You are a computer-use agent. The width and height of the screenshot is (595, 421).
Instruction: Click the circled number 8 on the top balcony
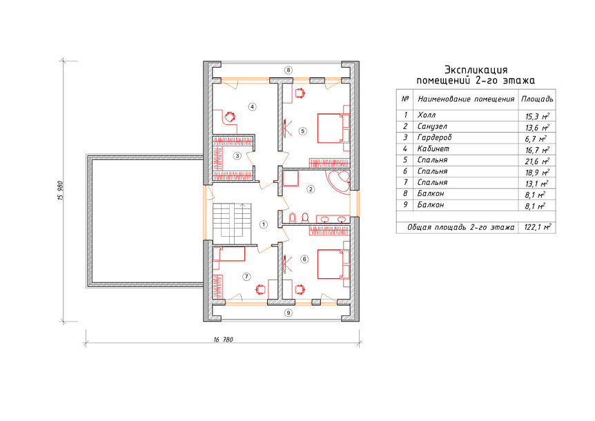tap(289, 70)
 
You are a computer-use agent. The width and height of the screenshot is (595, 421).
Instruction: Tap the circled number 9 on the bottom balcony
tap(289, 313)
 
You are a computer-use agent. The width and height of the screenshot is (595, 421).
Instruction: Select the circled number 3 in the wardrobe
tap(237, 156)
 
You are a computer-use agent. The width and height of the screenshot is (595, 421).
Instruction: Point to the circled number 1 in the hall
tap(264, 224)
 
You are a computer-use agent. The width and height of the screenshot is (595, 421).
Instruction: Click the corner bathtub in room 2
tap(338, 182)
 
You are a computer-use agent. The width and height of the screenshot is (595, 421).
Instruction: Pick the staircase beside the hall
tap(232, 224)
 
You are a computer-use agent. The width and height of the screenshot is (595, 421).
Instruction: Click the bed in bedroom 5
tap(333, 128)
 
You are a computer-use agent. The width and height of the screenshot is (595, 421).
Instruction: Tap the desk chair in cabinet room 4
tap(230, 116)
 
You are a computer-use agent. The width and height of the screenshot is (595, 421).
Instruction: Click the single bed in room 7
tap(228, 254)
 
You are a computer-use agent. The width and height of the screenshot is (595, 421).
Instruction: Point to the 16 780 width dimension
tap(223, 340)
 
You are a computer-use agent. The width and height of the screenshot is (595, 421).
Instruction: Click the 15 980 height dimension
tap(60, 190)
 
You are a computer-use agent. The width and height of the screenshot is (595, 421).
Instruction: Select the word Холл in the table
tap(426, 115)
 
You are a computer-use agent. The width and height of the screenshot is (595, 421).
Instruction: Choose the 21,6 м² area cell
tap(537, 161)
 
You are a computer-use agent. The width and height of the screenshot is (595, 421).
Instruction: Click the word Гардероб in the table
tap(434, 137)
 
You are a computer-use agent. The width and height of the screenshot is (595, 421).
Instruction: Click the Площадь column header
tap(537, 99)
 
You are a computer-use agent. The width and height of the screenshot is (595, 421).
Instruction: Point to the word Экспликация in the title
tap(476, 70)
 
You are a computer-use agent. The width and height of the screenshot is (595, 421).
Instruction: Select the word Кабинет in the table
tap(433, 148)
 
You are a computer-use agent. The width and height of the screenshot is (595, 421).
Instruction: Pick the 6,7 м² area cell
tap(536, 139)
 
